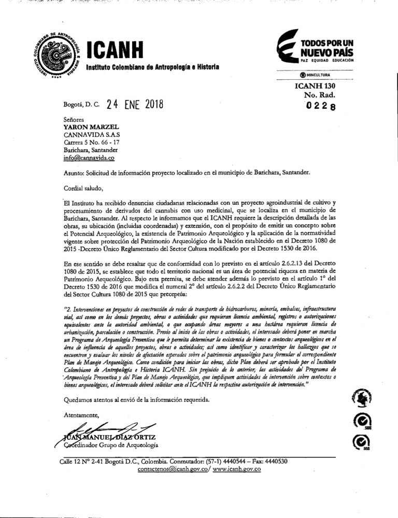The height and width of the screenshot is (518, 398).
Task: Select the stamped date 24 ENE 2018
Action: tap(134, 104)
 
